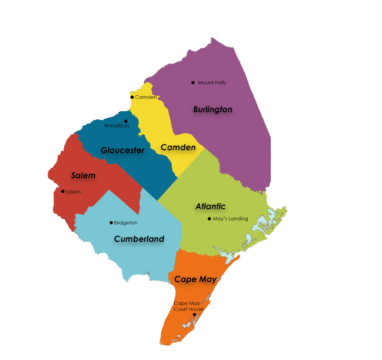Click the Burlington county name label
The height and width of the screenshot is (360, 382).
tap(212, 109)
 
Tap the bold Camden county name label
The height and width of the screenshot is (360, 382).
tap(178, 147)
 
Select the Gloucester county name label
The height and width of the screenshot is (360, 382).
tap(122, 151)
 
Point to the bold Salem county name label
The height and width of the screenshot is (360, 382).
tap(83, 175)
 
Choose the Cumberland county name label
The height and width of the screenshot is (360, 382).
tap(139, 239)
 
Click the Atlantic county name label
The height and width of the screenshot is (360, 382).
tap(210, 206)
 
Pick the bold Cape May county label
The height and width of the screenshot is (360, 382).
tap(195, 279)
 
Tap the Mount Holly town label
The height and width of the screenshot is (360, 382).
tap(212, 83)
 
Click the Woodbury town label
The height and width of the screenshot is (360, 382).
tap(117, 126)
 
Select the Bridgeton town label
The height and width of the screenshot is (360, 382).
tap(125, 223)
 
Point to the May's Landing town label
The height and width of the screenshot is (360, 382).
tap(230, 219)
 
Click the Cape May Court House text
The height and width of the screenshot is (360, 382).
tap(188, 306)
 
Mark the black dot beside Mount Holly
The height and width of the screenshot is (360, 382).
tap(192, 82)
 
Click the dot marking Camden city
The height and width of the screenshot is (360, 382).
tap(132, 97)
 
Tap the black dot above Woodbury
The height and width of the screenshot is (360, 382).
tap(125, 121)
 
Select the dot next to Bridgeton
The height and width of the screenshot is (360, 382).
tap(111, 222)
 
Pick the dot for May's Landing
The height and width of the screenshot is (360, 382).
tap(209, 219)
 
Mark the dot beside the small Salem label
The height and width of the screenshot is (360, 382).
tap(63, 191)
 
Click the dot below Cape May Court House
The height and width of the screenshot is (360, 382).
tap(194, 315)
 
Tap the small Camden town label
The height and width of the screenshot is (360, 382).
tap(146, 97)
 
